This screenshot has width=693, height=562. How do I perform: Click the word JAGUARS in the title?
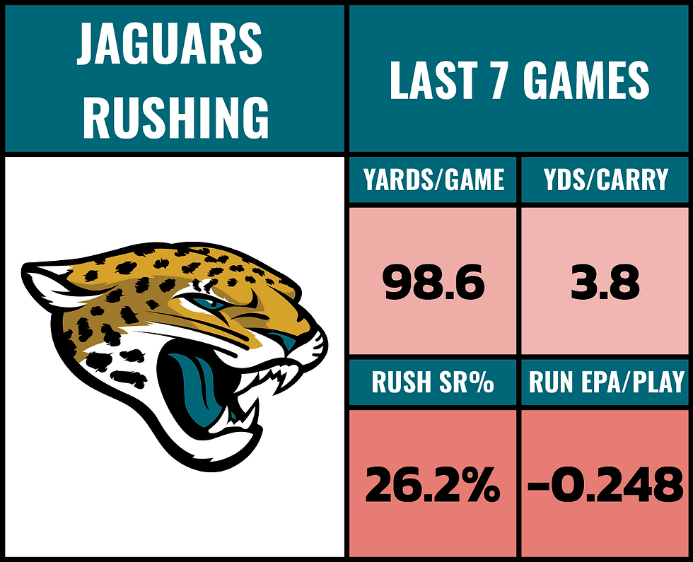(170, 44)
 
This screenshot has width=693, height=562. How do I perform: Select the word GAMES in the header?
(586, 81)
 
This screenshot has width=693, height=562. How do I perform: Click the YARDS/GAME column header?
(433, 180)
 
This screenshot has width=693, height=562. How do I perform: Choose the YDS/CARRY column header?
(606, 180)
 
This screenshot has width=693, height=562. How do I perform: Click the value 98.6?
(433, 283)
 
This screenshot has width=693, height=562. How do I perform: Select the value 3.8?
(606, 283)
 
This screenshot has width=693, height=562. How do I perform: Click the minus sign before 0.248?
(540, 486)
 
